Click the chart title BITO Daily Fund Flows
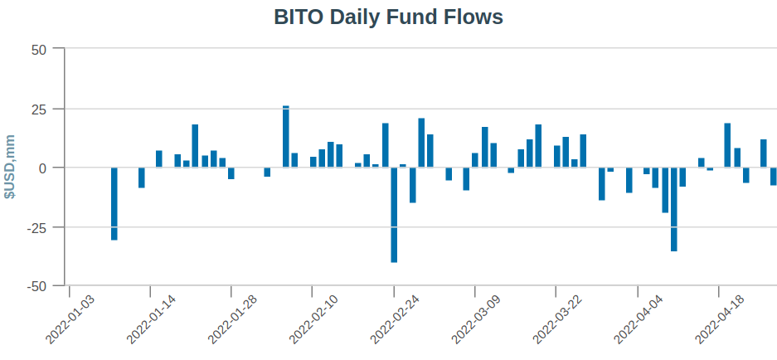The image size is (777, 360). coord(388,17)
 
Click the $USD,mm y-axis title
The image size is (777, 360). coord(10,167)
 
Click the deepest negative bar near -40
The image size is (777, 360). coord(394,215)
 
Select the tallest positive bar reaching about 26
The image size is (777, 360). coord(286,137)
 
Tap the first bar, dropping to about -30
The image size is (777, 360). coord(114,204)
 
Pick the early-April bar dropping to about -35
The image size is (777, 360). coord(674,209)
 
